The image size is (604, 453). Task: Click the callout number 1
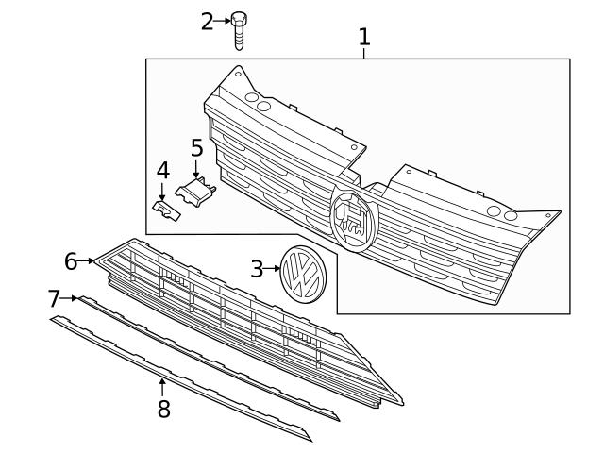pos(364,37)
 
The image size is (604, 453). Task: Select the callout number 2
pos(208,20)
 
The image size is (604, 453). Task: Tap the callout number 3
pos(257,269)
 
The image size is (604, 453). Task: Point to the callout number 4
pos(162,171)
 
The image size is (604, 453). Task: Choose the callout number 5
pos(196,148)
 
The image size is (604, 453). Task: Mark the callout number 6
pos(71,260)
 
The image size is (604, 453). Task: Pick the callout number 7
pos(54,299)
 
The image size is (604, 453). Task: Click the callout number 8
pos(163,409)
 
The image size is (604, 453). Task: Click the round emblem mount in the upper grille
pos(354,217)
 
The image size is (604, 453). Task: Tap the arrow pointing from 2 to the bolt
pos(223,20)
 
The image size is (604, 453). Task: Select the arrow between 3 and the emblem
pos(273,270)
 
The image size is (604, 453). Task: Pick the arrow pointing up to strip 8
pos(162,385)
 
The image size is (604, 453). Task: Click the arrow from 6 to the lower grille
pos(88,260)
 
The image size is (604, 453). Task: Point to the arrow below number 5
pos(196,170)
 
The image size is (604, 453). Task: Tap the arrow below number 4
pos(162,192)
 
